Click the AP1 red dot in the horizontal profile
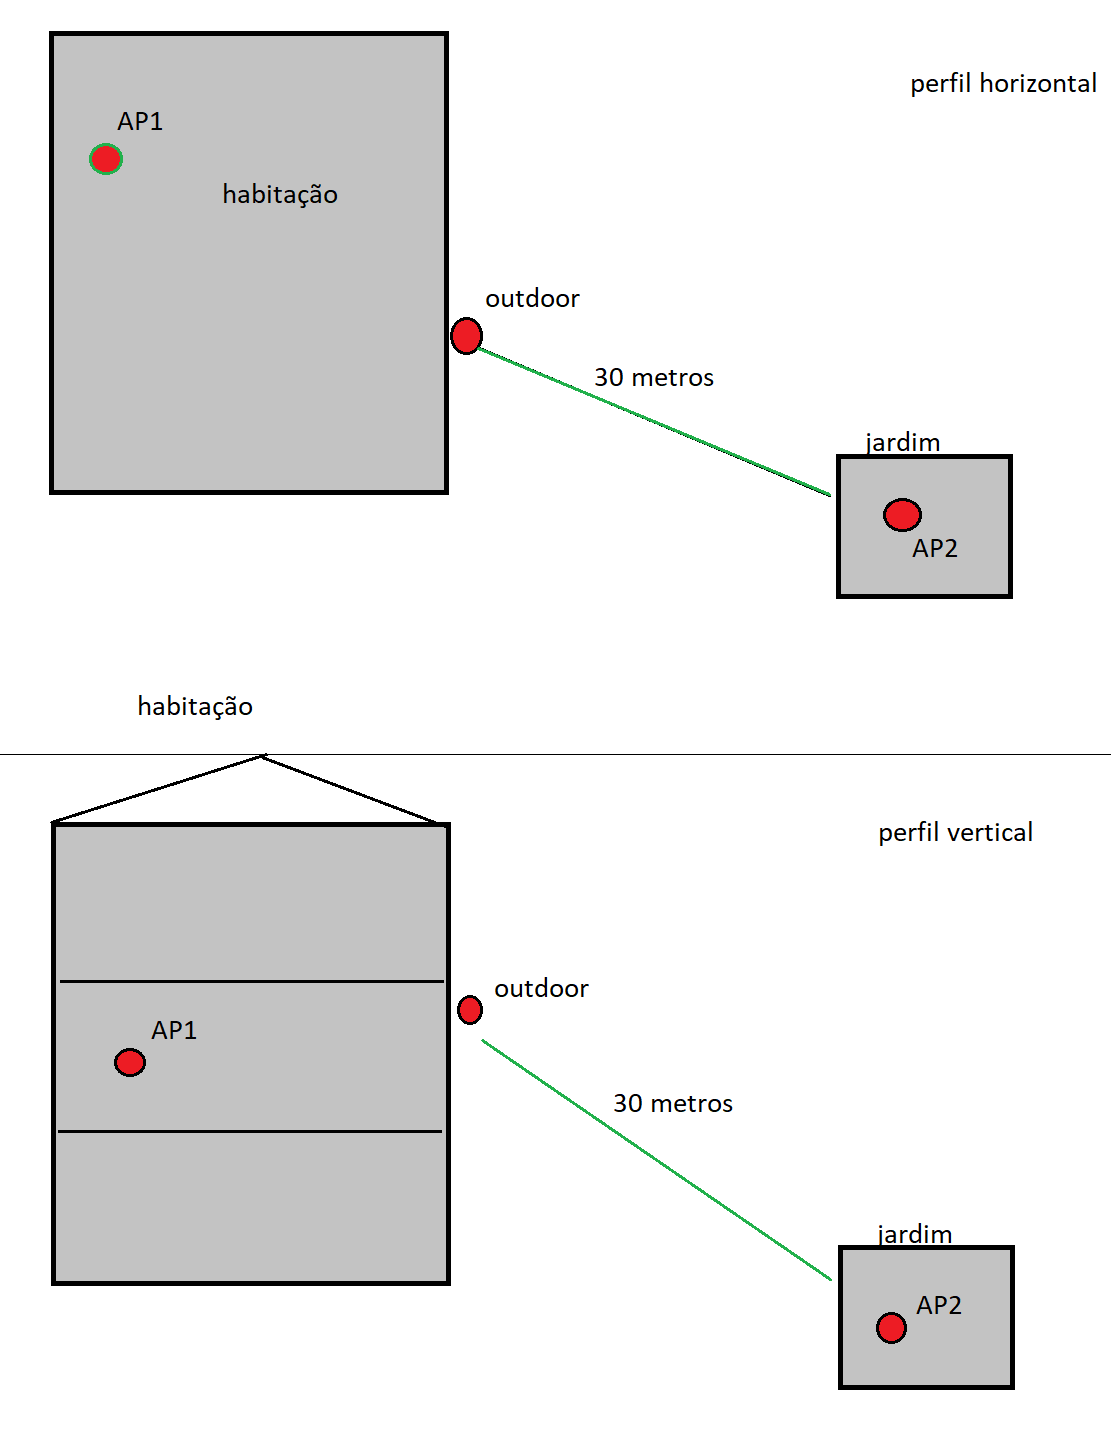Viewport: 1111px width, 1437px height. [x=106, y=159]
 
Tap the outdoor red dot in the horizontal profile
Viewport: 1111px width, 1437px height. [x=466, y=336]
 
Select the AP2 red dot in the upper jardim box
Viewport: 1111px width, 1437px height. [x=902, y=515]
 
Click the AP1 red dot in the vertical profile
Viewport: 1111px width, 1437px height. [x=130, y=1062]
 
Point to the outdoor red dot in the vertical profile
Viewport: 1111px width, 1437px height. [x=470, y=1010]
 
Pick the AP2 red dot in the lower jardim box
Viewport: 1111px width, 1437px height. [x=891, y=1328]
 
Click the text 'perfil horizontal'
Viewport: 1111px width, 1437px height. [x=1003, y=83]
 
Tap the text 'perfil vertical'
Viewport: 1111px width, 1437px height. [x=955, y=832]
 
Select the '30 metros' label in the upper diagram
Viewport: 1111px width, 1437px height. [x=654, y=377]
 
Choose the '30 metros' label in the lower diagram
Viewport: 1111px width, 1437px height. [x=673, y=1103]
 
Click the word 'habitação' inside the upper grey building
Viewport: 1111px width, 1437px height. [x=280, y=194]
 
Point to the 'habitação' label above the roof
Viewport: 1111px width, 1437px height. [x=195, y=706]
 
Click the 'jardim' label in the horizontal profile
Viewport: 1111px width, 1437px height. [x=903, y=442]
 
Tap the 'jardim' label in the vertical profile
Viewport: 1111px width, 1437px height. [x=915, y=1234]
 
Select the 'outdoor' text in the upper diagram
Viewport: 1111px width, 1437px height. [x=532, y=298]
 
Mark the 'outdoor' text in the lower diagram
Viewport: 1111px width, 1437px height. [x=541, y=988]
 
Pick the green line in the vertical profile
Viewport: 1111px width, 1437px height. [x=656, y=1160]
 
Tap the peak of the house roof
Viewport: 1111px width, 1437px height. [x=262, y=757]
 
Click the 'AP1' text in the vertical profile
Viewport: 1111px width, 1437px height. [x=174, y=1030]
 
